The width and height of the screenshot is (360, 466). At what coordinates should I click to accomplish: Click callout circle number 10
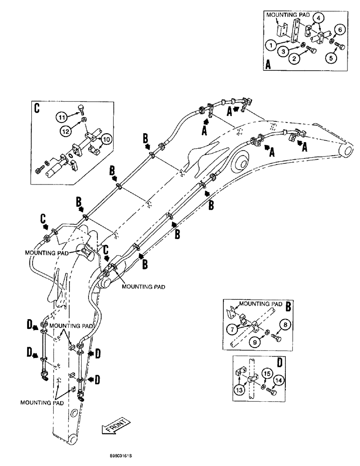(106, 138)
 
